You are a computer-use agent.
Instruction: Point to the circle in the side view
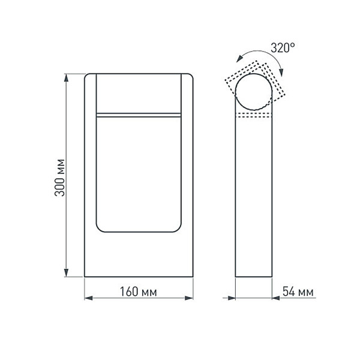tap(255, 91)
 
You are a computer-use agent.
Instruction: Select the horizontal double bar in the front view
tap(139, 113)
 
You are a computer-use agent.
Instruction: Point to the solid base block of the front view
tap(139, 255)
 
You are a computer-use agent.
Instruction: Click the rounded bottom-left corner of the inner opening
tap(100, 229)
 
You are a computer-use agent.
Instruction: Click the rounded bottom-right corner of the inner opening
tap(178, 229)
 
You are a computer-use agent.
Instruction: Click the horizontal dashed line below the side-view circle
tap(255, 114)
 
